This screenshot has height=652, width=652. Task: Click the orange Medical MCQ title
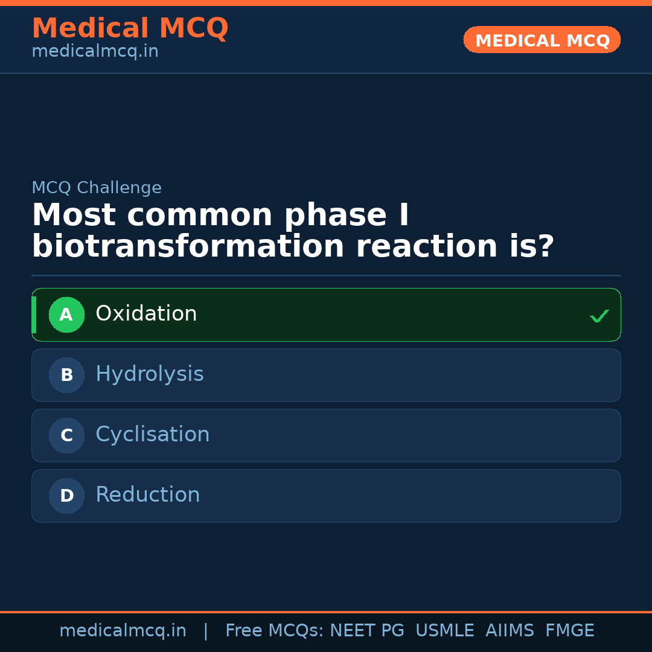click(130, 28)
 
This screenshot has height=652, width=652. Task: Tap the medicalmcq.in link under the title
click(95, 52)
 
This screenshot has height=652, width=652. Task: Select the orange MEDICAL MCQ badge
click(542, 40)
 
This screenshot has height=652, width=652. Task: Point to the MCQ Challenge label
click(97, 188)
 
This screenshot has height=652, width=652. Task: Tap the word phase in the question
click(336, 216)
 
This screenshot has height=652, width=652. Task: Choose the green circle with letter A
click(66, 315)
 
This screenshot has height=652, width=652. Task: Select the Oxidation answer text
click(146, 314)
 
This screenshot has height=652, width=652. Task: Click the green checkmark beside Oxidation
click(599, 316)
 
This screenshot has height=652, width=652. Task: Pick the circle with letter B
click(66, 375)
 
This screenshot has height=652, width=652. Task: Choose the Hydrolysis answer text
click(150, 374)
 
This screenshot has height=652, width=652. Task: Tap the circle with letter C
click(66, 435)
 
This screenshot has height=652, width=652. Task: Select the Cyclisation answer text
click(153, 435)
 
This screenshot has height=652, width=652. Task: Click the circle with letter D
click(66, 496)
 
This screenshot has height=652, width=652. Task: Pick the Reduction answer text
click(148, 495)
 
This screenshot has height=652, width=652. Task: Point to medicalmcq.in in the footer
click(123, 631)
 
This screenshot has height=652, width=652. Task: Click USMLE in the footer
click(444, 631)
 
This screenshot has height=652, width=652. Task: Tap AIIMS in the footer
click(510, 631)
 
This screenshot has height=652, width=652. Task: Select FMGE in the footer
click(570, 631)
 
